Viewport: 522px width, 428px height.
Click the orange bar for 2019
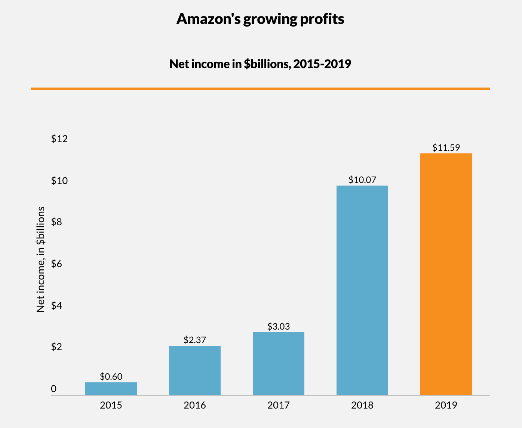click(x=446, y=274)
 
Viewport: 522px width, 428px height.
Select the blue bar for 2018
click(x=362, y=290)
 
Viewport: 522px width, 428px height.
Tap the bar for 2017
click(x=278, y=364)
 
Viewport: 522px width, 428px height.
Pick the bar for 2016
click(x=194, y=370)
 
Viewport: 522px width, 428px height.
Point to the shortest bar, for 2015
click(x=111, y=389)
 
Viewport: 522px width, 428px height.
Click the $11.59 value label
click(x=446, y=147)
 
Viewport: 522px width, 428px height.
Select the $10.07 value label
click(x=362, y=180)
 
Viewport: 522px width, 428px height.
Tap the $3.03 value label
click(x=278, y=326)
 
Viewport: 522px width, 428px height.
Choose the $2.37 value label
click(x=194, y=340)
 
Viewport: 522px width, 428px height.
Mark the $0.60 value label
click(x=111, y=376)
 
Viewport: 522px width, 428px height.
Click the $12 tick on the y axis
click(x=59, y=139)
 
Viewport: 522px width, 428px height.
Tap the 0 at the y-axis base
click(x=54, y=389)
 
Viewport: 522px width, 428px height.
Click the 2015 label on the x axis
click(x=111, y=405)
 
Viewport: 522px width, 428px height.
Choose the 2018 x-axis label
click(x=362, y=405)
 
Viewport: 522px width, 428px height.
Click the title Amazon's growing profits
click(x=260, y=19)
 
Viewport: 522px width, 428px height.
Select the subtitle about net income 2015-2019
click(x=260, y=64)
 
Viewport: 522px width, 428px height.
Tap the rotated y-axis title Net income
click(x=41, y=259)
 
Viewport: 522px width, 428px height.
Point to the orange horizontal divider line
click(x=260, y=89)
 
